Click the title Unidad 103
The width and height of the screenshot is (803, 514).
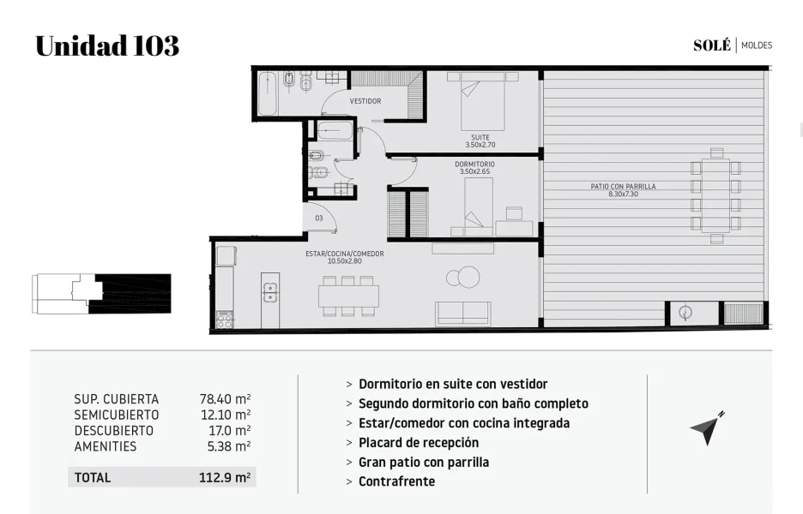(x=107, y=45)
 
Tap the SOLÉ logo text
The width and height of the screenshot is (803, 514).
(x=712, y=45)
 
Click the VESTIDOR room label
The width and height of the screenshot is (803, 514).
(x=365, y=101)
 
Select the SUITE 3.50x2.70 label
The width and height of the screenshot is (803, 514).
(x=480, y=140)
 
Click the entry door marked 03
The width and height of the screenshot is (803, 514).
(x=320, y=218)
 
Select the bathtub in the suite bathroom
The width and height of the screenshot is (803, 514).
(x=267, y=93)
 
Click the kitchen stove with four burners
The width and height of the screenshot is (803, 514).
(x=225, y=320)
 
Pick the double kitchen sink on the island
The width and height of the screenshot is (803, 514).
(x=270, y=292)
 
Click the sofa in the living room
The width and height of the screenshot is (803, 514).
(x=463, y=313)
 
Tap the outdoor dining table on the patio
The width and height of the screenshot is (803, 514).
(x=716, y=196)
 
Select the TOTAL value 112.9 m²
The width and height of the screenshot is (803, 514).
(x=225, y=478)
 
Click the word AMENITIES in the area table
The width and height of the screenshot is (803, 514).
(x=106, y=446)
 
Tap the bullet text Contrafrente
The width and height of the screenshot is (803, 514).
(x=397, y=481)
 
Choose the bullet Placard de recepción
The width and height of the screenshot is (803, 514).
(x=419, y=442)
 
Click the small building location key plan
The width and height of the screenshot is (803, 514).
(x=101, y=294)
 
